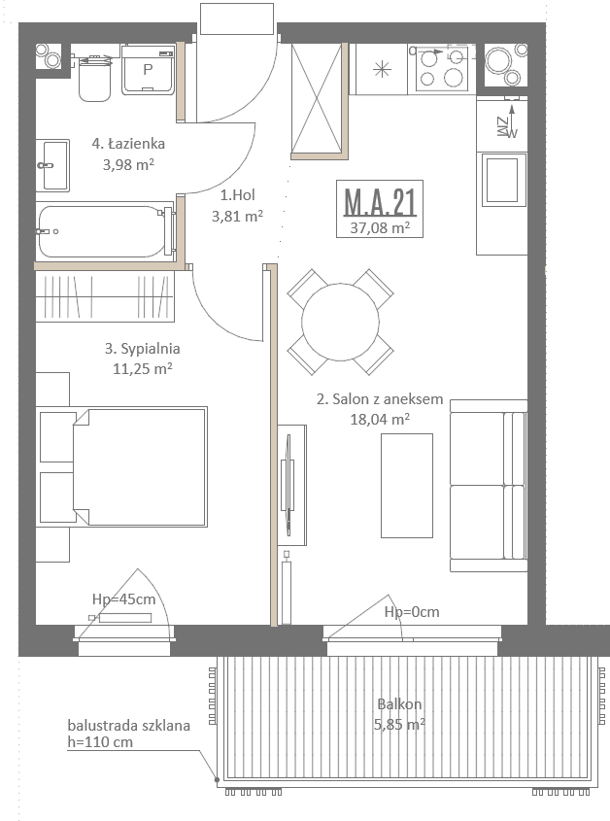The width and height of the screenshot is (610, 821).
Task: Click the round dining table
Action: [x=340, y=322]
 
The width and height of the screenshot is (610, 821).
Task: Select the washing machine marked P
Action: [x=149, y=70]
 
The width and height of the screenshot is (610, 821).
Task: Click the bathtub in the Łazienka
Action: [x=105, y=231]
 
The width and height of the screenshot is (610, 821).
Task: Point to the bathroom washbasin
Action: [x=52, y=165]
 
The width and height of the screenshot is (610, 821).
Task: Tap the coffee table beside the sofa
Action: [x=407, y=486]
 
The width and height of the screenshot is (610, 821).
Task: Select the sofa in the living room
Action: [x=489, y=486]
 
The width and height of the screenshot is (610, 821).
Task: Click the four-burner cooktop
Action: [x=441, y=69]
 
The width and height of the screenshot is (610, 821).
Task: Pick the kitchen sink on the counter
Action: [x=502, y=180]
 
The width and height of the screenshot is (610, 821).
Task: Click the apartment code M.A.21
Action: [x=380, y=203]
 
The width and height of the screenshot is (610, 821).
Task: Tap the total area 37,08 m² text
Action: [x=380, y=227]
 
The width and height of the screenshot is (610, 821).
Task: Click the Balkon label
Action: [x=399, y=704]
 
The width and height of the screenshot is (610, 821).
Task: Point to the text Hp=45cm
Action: [x=124, y=599]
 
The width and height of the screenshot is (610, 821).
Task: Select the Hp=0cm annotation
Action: [x=412, y=611]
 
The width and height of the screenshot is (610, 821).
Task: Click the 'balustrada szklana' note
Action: [x=129, y=726]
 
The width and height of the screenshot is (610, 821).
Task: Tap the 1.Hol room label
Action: [x=238, y=195]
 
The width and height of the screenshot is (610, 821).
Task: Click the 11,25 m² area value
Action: [x=143, y=368]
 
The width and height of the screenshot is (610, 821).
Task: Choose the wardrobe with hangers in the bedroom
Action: [x=105, y=296]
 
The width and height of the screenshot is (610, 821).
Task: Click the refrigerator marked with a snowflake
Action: [x=383, y=69]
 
